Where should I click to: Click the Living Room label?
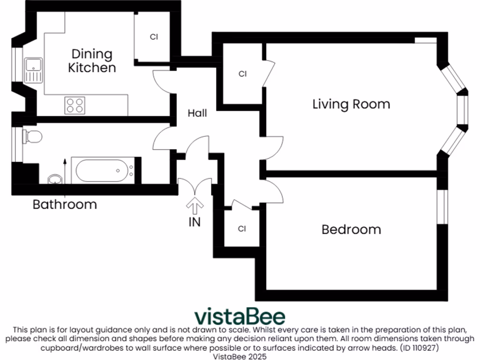click(351, 104)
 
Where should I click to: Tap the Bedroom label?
click(351, 230)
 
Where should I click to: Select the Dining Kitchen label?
click(92, 60)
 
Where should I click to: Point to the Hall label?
click(197, 113)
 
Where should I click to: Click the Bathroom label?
click(65, 205)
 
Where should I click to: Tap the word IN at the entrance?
click(195, 222)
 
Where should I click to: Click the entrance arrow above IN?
click(195, 205)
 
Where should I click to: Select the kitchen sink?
click(34, 70)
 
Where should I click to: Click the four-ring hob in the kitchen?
click(75, 105)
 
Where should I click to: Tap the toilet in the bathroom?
click(33, 136)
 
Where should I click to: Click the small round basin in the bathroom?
click(55, 179)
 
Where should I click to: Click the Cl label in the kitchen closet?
click(154, 37)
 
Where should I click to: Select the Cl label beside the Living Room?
click(242, 74)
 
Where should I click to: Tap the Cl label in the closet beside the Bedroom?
click(242, 229)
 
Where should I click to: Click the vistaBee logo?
click(240, 316)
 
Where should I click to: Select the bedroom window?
click(441, 206)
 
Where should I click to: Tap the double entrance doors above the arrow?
click(195, 186)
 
